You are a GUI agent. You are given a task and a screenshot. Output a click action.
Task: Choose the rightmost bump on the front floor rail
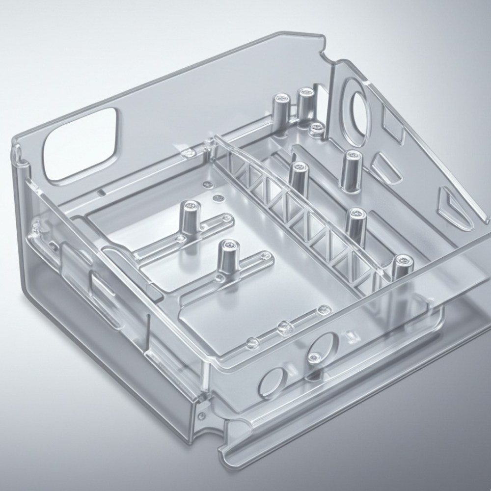pos(323,310)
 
